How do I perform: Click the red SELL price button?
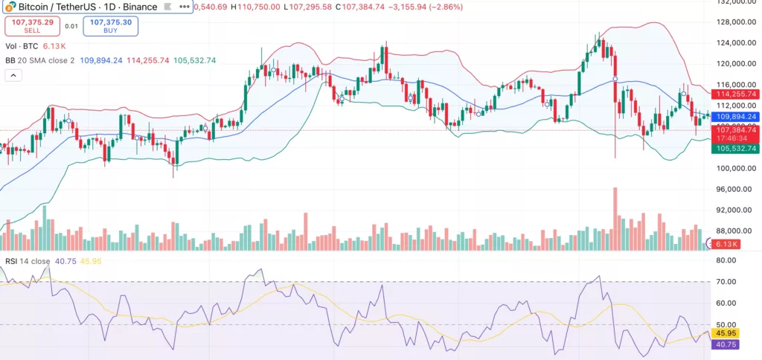click(x=28, y=25)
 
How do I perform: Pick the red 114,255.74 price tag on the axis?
click(x=734, y=94)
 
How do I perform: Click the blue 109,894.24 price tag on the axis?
click(x=734, y=117)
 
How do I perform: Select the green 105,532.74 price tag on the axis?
click(x=734, y=149)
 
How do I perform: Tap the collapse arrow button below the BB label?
click(x=13, y=75)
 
